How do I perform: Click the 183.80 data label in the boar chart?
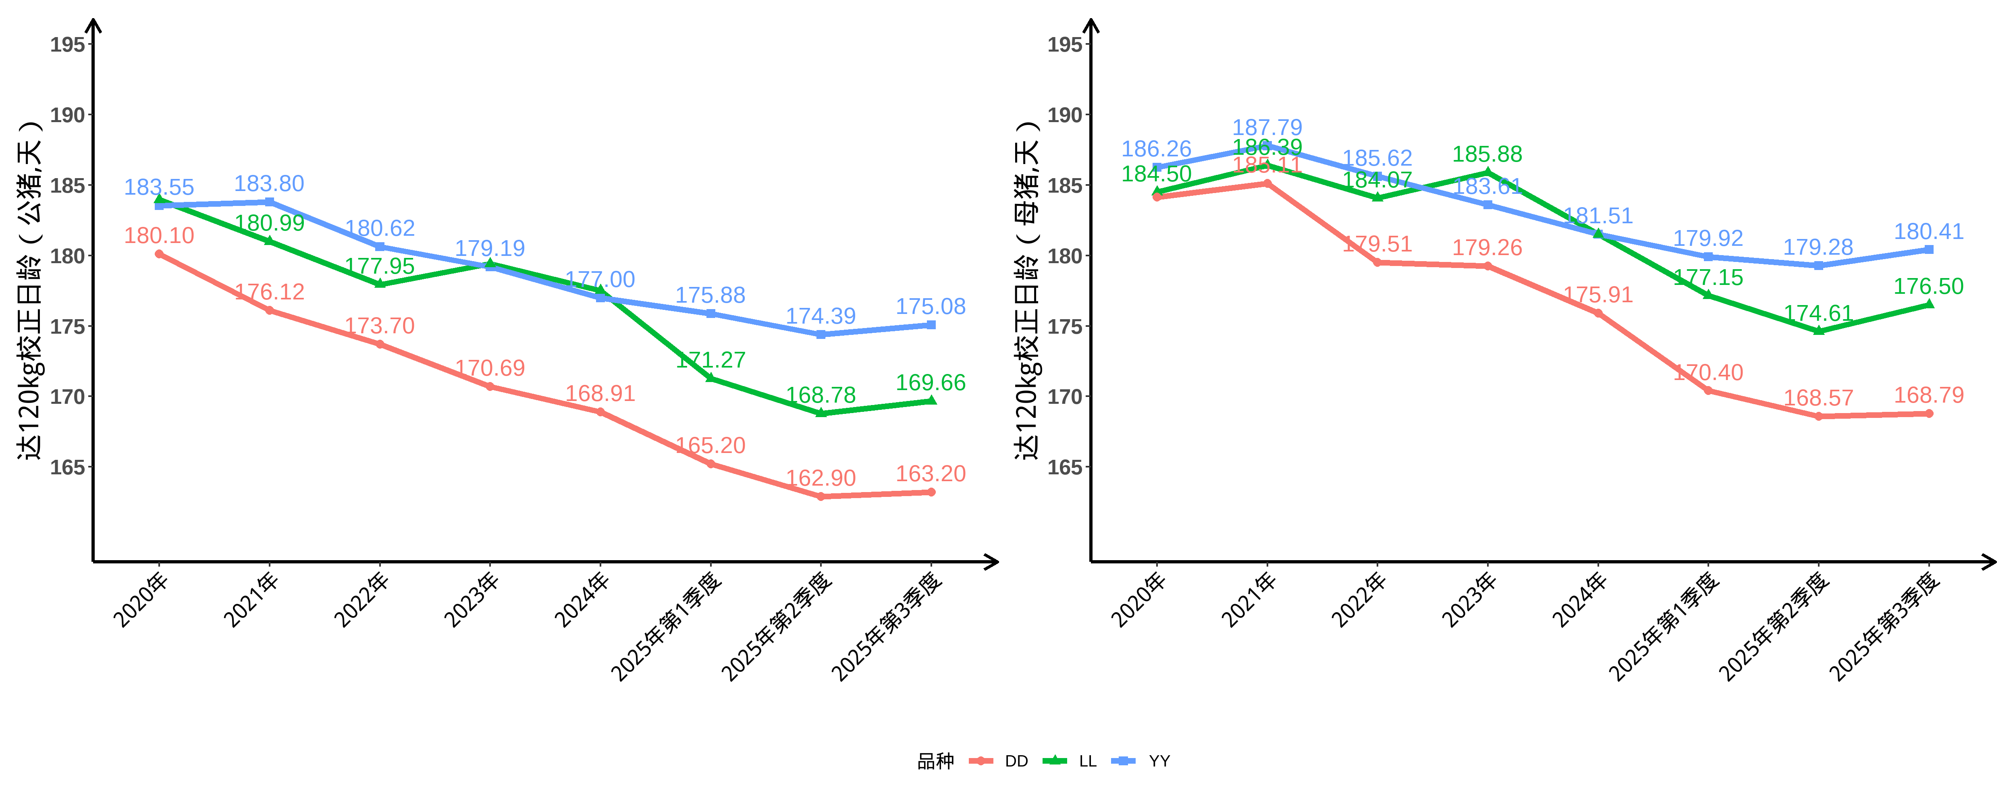pos(269,184)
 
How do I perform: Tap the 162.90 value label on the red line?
pos(821,478)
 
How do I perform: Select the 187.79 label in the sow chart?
pos(1267,128)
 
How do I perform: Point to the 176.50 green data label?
pos(1928,287)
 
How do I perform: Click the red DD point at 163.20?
pos(931,492)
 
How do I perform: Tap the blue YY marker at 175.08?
pos(931,325)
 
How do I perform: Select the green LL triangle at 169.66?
pos(931,401)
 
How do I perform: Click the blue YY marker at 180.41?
pos(1929,249)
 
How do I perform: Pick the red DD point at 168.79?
pos(1929,413)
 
